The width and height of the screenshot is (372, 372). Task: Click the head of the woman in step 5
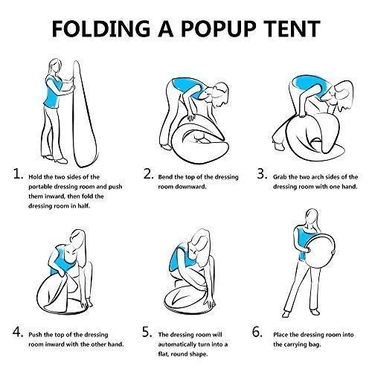[x=198, y=235]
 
